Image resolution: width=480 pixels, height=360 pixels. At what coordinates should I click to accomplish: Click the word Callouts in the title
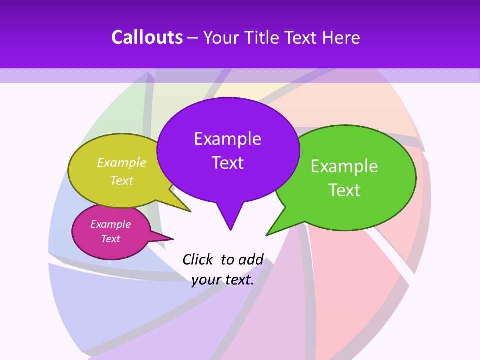(147, 37)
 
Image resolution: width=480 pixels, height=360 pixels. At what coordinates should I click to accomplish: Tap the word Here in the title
(341, 37)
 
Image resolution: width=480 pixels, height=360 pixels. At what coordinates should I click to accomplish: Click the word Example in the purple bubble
(227, 138)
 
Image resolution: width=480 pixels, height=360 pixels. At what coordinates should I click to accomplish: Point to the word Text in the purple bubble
(227, 162)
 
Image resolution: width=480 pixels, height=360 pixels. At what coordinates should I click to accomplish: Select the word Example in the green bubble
(344, 166)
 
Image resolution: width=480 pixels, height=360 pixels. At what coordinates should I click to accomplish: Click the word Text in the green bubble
(344, 190)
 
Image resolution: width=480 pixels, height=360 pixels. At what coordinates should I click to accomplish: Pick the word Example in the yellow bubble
(122, 162)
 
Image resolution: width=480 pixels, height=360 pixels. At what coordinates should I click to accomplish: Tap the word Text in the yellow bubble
(122, 180)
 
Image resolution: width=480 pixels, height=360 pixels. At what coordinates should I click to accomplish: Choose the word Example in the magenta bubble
(110, 224)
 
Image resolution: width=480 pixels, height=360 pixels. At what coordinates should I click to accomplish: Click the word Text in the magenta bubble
(110, 239)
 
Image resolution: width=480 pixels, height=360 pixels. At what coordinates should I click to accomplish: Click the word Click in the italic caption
(198, 259)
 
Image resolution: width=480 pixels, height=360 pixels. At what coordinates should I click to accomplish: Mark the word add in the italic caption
(250, 259)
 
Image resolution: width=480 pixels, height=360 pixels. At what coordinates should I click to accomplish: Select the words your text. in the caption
(223, 280)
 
